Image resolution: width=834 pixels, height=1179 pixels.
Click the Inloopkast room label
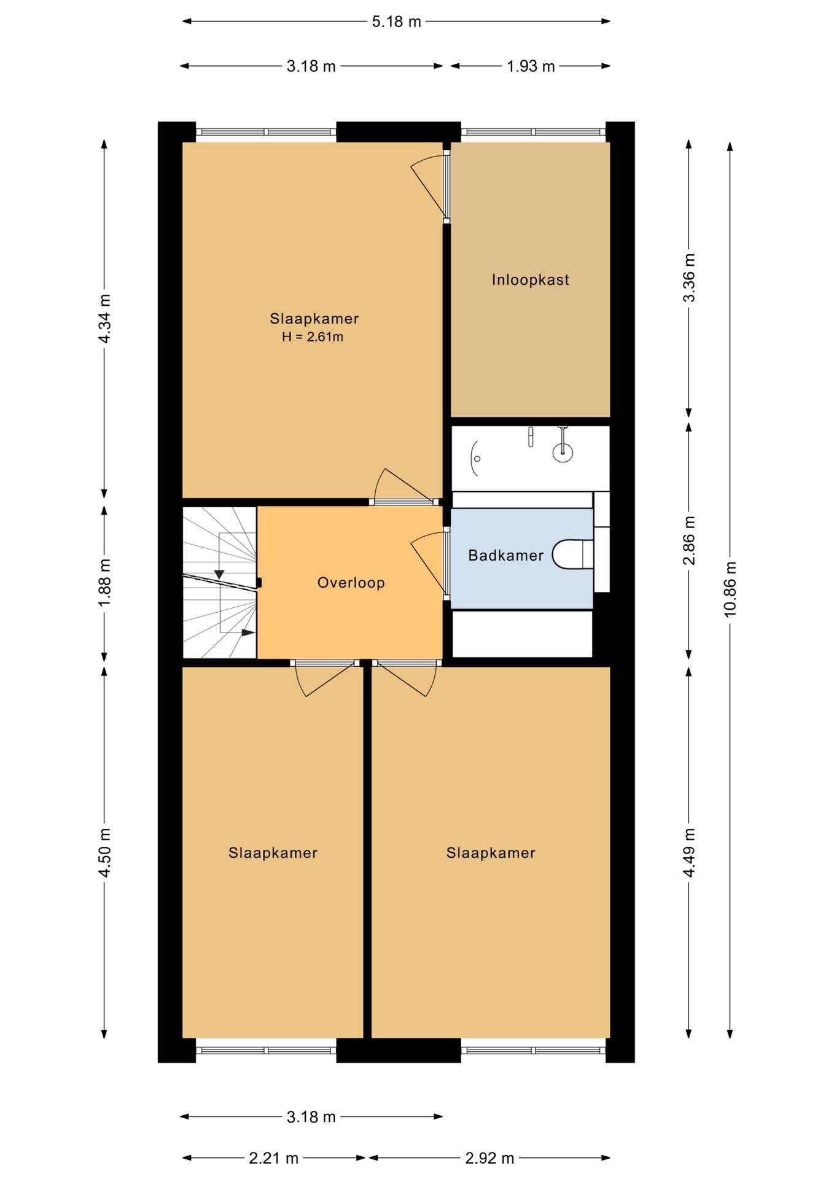click(530, 280)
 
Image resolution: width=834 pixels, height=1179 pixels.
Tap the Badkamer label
click(505, 556)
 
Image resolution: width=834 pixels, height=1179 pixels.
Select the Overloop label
click(351, 583)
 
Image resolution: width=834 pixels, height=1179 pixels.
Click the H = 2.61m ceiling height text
click(313, 337)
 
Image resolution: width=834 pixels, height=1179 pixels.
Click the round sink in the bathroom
click(563, 453)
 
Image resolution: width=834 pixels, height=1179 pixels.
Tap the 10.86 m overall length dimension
click(730, 589)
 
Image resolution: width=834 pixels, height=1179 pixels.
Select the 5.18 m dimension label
click(396, 21)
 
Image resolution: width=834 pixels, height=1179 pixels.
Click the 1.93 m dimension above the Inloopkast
click(531, 66)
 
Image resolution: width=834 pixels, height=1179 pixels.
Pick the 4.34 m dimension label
click(104, 319)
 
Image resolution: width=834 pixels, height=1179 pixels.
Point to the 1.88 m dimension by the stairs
click(104, 583)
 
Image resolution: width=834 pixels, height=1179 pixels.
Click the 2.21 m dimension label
click(273, 1158)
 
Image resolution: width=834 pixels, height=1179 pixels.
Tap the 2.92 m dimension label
click(489, 1158)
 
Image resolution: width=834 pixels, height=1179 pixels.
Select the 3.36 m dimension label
click(689, 278)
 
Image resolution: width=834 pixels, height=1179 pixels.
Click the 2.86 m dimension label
click(689, 540)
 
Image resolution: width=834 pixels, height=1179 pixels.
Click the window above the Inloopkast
click(533, 131)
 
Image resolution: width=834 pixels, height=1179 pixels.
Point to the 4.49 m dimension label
click(689, 852)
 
